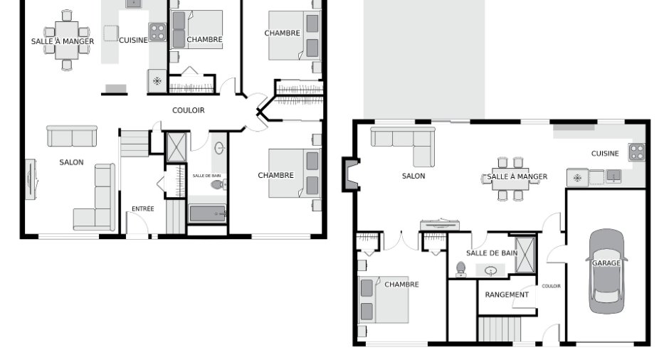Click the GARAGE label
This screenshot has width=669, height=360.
tap(606, 263)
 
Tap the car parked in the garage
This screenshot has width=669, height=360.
tap(606, 271)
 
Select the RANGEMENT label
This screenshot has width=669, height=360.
tap(507, 295)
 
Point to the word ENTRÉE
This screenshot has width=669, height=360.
tap(143, 208)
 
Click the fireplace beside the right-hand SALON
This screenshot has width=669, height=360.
tap(351, 174)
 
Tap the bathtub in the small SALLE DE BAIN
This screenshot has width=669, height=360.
tap(207, 213)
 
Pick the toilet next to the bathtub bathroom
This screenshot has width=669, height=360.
tap(218, 185)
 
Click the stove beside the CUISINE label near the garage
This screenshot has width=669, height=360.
tap(636, 152)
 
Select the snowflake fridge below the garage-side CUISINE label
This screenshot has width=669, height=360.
tap(577, 178)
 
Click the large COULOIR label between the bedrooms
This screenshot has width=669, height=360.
tap(188, 110)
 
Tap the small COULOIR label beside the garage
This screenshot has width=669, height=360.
tap(552, 286)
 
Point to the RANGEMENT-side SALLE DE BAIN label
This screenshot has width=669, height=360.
tap(492, 253)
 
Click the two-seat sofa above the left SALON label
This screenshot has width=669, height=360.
tap(72, 136)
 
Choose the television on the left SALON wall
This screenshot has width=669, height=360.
tap(31, 179)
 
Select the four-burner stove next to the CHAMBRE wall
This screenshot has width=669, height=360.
tap(157, 31)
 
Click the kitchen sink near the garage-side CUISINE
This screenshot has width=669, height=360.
tap(613, 176)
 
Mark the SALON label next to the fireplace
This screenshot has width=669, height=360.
tap(413, 176)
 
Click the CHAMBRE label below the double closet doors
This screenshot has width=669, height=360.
tap(401, 285)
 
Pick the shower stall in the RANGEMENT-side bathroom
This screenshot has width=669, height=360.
tap(525, 255)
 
